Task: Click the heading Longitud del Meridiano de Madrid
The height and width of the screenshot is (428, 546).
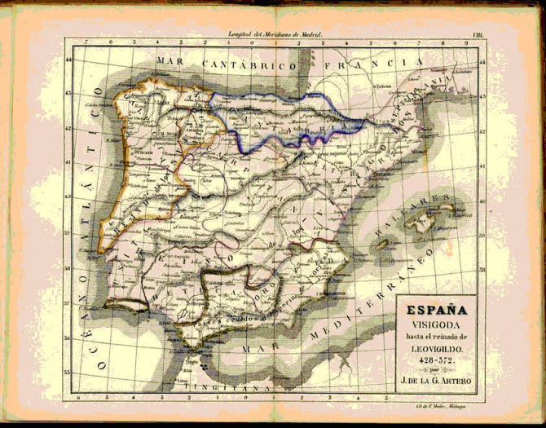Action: pos(275,36)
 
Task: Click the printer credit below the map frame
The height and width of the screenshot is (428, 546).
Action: pos(432,404)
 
